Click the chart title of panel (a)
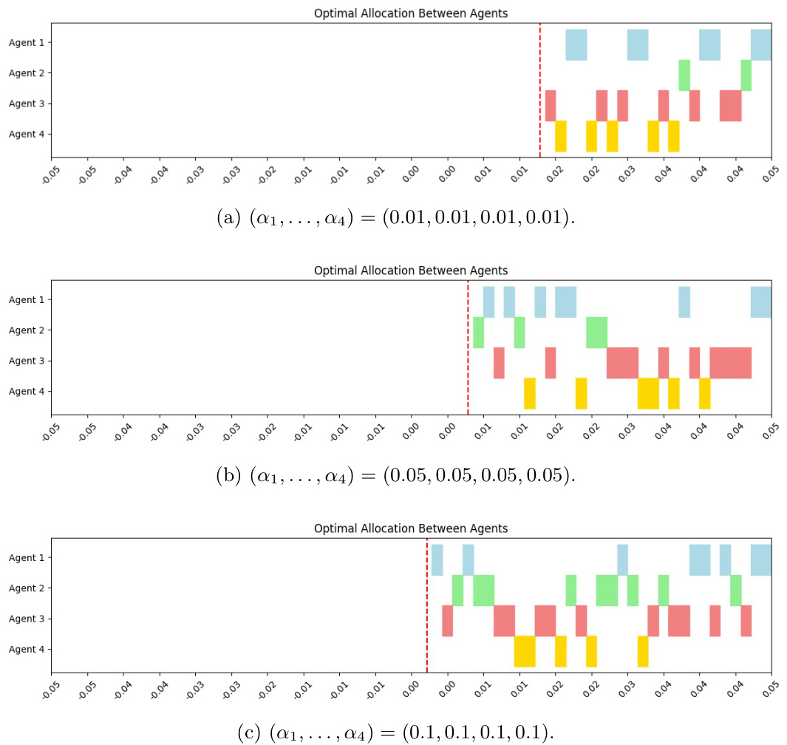[411, 13]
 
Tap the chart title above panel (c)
[411, 528]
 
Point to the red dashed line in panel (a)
[540, 89]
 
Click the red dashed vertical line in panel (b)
[468, 347]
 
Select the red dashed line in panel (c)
[427, 606]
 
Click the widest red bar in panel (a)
[730, 105]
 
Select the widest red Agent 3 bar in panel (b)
[730, 362]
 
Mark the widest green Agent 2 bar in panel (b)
[596, 332]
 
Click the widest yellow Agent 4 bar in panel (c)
[525, 651]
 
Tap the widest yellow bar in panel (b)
[648, 393]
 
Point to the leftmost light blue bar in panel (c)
[437, 559]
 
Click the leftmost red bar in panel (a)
[551, 105]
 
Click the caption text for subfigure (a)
[394, 219]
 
